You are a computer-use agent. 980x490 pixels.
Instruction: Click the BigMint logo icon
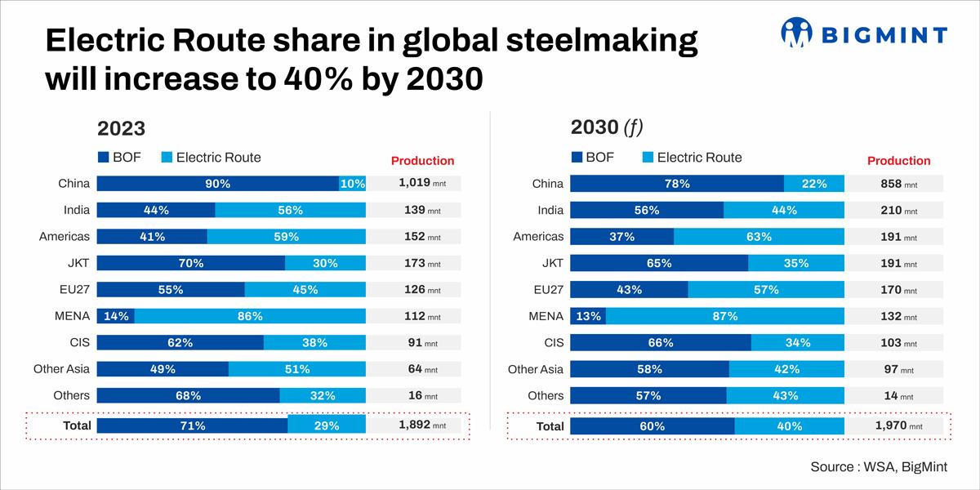[x=797, y=33]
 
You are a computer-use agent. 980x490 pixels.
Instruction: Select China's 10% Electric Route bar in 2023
[x=353, y=184]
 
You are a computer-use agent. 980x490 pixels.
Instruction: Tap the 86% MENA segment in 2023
[x=250, y=316]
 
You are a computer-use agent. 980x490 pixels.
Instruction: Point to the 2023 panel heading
[x=121, y=128]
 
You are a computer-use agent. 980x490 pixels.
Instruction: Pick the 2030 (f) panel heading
[x=607, y=127]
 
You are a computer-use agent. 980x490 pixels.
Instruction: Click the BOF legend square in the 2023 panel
[x=103, y=157]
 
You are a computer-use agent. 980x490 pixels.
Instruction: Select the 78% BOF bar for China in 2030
[x=677, y=184]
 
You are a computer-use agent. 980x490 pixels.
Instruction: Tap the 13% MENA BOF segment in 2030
[x=588, y=316]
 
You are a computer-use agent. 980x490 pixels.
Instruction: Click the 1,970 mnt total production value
[x=898, y=425]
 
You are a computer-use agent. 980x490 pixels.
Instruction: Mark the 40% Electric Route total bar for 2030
[x=790, y=425]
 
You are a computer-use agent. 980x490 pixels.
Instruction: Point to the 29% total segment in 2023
[x=327, y=425]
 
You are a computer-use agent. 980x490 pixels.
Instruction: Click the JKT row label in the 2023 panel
[x=78, y=263]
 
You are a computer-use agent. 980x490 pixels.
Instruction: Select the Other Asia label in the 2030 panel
[x=536, y=369]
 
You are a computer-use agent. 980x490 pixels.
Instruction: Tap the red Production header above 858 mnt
[x=898, y=161]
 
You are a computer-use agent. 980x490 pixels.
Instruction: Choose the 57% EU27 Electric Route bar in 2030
[x=766, y=290]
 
